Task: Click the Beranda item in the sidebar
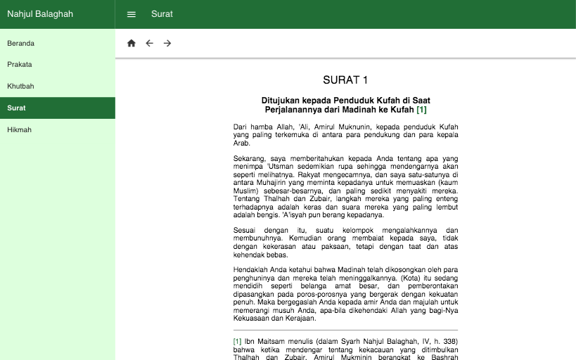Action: tap(21, 44)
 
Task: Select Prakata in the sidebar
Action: tap(20, 65)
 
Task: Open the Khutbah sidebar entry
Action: tap(21, 86)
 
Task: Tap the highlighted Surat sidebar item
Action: tap(17, 108)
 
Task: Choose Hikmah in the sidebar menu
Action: tap(20, 130)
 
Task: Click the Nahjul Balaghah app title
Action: tap(40, 14)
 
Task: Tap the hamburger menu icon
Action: tap(132, 14)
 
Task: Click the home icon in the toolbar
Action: tap(132, 44)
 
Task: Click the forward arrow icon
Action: tap(167, 44)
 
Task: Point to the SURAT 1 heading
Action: tap(345, 80)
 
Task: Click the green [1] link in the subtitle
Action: tap(421, 110)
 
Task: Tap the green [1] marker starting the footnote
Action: tap(237, 341)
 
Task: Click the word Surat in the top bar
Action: tap(162, 14)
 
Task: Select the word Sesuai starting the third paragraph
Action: tap(245, 230)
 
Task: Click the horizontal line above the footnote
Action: tap(345, 330)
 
